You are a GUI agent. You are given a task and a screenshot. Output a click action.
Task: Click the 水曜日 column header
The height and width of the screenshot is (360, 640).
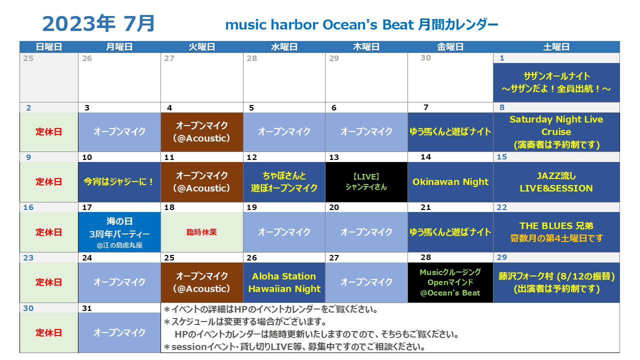tap(284, 47)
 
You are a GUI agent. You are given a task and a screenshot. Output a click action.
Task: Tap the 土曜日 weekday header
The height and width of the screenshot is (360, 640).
tap(556, 47)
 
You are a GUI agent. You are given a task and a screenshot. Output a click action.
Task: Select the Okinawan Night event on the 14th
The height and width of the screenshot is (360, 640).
tap(450, 182)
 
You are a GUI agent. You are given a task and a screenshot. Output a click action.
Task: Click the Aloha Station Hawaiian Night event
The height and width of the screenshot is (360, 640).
tap(284, 282)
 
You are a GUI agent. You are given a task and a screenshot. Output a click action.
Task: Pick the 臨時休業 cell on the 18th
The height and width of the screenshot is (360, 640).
tap(201, 232)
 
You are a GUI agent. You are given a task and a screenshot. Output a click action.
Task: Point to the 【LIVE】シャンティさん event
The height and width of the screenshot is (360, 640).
tap(366, 182)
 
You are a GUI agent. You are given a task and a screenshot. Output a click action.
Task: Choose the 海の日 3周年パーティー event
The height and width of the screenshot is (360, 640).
tap(119, 232)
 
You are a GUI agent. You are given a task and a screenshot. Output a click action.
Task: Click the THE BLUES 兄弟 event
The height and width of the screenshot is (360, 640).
tap(556, 232)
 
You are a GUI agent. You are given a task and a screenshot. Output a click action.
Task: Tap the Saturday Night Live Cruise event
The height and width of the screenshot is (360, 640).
tap(556, 132)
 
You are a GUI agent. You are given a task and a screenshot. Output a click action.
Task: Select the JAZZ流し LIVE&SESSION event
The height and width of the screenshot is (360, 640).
tap(556, 182)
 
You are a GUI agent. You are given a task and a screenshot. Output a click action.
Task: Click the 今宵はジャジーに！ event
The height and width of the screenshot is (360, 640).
tap(119, 182)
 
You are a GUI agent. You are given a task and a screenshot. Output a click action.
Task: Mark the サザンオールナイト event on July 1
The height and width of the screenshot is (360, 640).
tap(556, 82)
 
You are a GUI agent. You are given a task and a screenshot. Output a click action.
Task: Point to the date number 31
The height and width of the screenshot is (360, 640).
tap(87, 308)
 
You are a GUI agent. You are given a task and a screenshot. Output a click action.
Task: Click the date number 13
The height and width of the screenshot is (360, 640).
tap(333, 157)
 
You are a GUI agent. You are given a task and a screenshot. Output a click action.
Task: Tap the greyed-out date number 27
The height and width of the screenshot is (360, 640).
tap(169, 58)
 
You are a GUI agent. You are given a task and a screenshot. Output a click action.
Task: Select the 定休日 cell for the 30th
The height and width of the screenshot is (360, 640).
tap(49, 332)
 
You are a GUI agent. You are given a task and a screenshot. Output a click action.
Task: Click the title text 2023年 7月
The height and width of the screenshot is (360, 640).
tap(98, 23)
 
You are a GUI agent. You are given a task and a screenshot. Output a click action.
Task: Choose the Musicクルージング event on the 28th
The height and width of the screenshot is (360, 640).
tap(450, 282)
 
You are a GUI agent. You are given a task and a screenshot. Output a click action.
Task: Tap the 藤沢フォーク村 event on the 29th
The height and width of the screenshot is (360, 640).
tap(556, 282)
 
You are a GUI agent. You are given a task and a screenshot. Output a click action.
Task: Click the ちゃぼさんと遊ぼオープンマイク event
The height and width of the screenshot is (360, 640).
tap(284, 182)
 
